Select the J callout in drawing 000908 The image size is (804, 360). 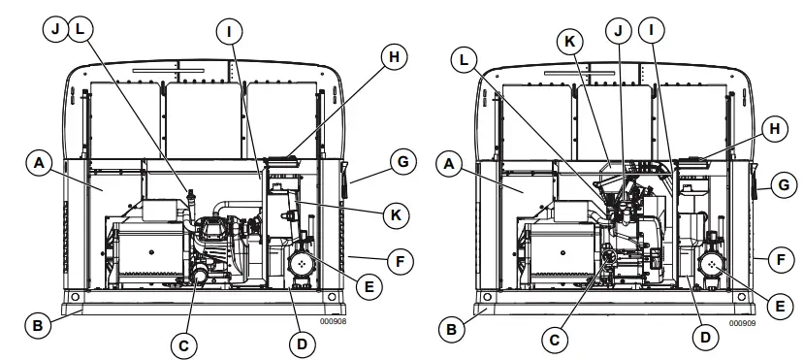[56, 29]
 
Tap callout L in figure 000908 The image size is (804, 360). [79, 29]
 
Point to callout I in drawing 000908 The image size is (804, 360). [229, 32]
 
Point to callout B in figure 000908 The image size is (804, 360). [36, 326]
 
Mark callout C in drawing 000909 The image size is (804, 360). [555, 339]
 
